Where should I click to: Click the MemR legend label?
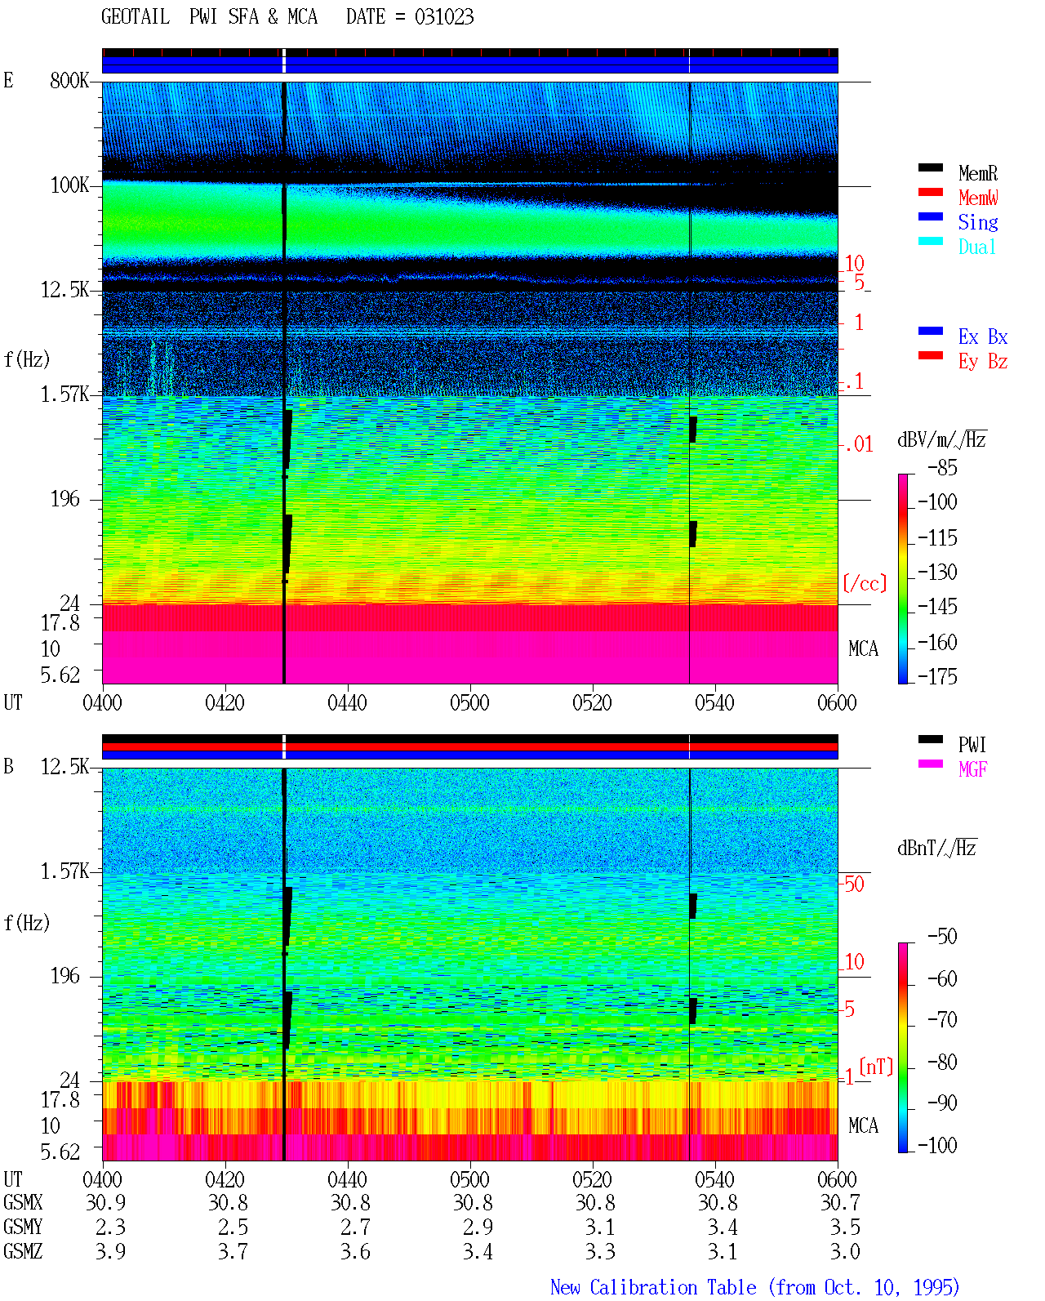click(977, 173)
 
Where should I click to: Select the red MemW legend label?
click(977, 198)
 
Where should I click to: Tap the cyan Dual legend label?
click(976, 247)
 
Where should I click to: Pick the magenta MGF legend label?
click(972, 769)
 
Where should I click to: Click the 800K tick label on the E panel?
click(69, 80)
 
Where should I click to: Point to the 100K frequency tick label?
click(69, 185)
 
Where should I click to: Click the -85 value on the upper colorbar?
click(942, 467)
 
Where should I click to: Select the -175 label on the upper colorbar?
click(937, 676)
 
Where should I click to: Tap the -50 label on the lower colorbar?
click(942, 937)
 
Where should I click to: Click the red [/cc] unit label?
click(865, 583)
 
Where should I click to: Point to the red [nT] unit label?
click(876, 1066)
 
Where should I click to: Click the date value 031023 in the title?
click(444, 17)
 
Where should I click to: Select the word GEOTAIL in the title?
click(136, 17)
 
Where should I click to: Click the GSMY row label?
click(23, 1227)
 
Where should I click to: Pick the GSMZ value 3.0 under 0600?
click(845, 1251)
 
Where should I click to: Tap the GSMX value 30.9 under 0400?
click(106, 1202)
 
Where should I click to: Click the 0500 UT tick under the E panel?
click(469, 703)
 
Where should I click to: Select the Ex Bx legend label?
click(983, 336)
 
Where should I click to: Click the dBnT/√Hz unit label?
click(936, 848)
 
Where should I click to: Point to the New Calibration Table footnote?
click(755, 1287)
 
